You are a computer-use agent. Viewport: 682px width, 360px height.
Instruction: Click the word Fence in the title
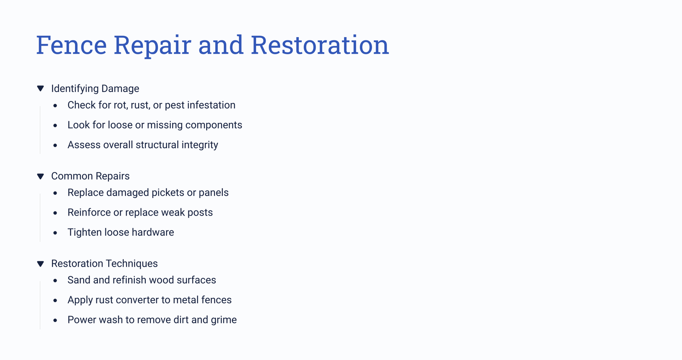pos(72,45)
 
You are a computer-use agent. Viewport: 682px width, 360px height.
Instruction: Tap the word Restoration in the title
pos(320,45)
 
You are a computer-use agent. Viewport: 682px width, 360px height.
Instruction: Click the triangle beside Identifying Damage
pos(40,89)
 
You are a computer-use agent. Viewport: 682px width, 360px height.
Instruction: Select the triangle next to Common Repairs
pos(40,176)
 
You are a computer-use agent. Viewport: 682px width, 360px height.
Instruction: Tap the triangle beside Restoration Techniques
pos(40,264)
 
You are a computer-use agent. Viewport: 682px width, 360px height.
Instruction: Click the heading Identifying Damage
pos(95,89)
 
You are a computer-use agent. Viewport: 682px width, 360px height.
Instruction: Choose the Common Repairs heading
pos(90,176)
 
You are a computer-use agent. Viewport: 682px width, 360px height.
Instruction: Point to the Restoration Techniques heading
pos(104,264)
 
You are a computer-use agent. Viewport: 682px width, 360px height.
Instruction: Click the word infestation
pos(211,105)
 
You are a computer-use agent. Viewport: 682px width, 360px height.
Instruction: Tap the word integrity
pos(200,145)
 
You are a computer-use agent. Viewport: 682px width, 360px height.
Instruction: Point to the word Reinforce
pos(89,213)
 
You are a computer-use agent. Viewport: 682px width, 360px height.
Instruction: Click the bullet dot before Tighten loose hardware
pos(55,233)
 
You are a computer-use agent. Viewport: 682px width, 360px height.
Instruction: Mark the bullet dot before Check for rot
pos(55,106)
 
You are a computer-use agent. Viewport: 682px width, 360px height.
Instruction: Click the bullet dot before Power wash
pos(55,320)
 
